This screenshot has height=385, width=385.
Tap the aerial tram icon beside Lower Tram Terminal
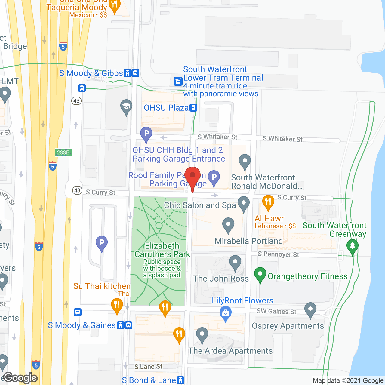tap(178, 81)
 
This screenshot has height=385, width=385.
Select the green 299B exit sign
tap(63, 152)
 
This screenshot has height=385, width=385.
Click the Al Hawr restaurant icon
tap(268, 202)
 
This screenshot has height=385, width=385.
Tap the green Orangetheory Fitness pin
tap(260, 274)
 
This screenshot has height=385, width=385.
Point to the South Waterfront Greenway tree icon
tap(352, 246)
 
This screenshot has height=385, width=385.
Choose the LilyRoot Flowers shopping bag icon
tap(226, 313)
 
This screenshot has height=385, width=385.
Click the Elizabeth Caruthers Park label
tap(162, 250)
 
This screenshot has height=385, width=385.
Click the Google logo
tap(20, 378)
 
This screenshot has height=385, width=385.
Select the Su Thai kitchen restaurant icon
tap(117, 305)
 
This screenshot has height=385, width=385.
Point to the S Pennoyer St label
tap(279, 254)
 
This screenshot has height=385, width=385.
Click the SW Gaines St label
tap(276, 311)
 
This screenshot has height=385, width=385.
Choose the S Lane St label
tap(148, 366)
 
